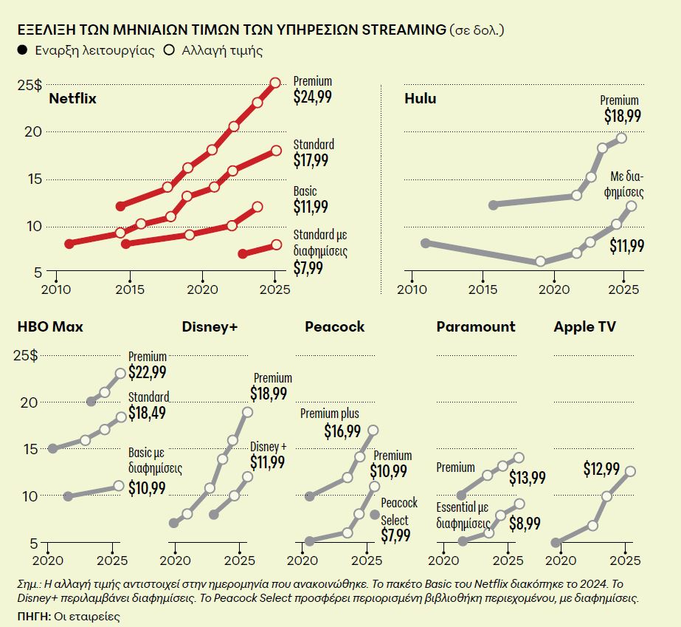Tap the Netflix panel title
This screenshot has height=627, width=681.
click(72, 98)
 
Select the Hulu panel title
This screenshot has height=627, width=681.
click(420, 98)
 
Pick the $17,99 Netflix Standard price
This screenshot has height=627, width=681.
click(311, 160)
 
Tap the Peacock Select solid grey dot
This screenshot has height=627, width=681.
click(375, 515)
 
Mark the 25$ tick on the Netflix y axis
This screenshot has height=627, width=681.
click(30, 85)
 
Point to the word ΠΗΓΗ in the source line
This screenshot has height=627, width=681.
click(31, 614)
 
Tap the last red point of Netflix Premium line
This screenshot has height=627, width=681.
click(275, 83)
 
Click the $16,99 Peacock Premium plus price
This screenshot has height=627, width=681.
click(343, 431)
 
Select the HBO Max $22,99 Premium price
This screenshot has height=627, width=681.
click(147, 374)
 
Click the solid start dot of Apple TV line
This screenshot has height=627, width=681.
click(556, 543)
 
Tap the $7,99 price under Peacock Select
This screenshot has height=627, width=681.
click(395, 535)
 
